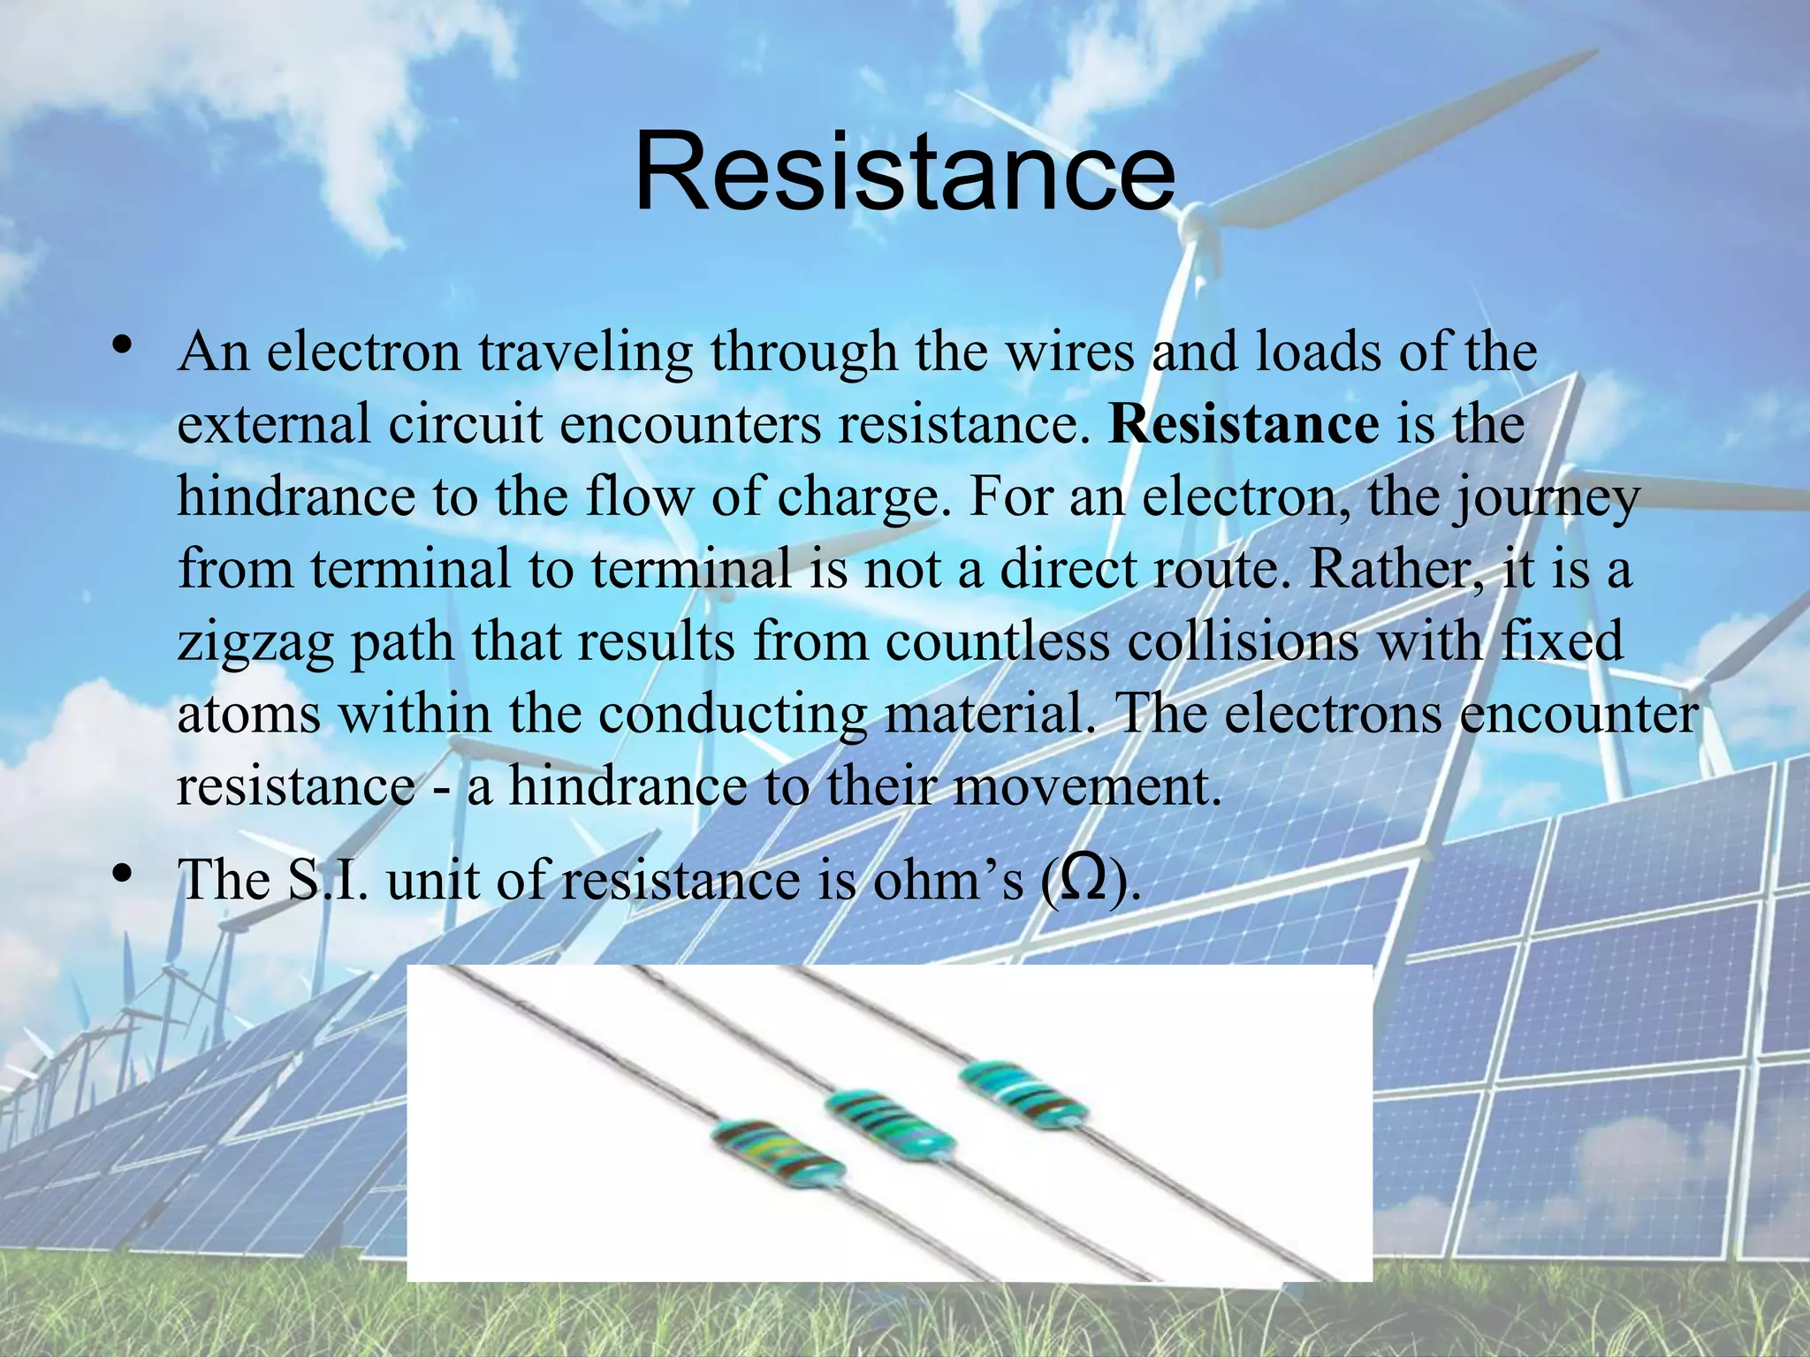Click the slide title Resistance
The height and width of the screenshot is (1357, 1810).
tap(904, 172)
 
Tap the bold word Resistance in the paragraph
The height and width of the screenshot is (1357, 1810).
tap(1243, 424)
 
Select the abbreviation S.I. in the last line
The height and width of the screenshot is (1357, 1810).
tap(327, 880)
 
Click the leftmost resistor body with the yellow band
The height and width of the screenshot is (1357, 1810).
tap(778, 1153)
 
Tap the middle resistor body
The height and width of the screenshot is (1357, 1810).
tap(889, 1123)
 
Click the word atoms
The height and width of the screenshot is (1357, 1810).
tap(248, 714)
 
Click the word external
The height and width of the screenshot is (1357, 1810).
tap(273, 424)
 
